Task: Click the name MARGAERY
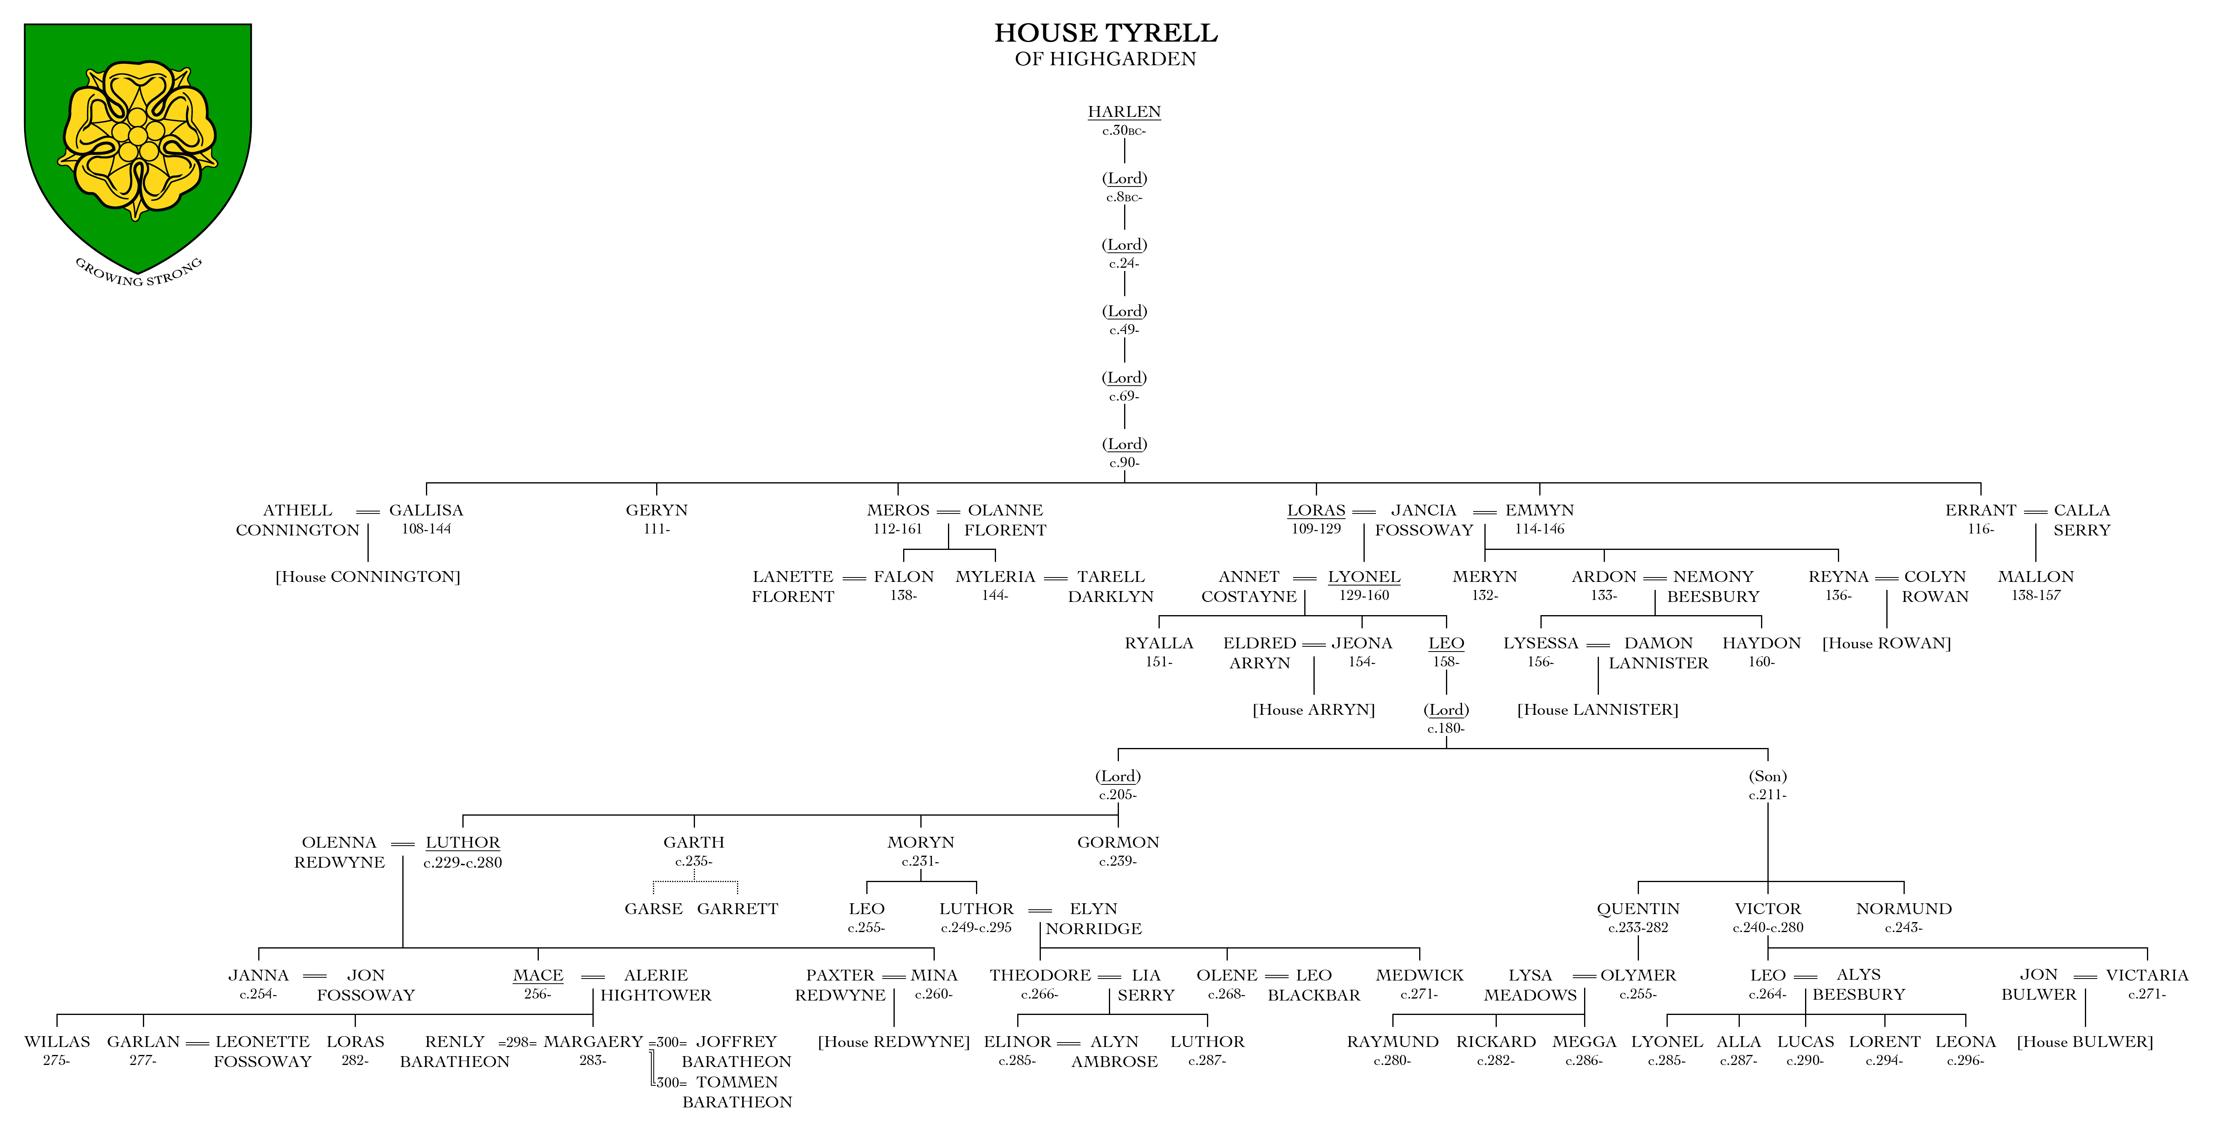pyautogui.click(x=593, y=1042)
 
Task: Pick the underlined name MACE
pyautogui.click(x=538, y=976)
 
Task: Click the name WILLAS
pyautogui.click(x=57, y=1042)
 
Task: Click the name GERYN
pyautogui.click(x=657, y=510)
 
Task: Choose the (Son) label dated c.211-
pyautogui.click(x=1767, y=776)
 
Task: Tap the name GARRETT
pyautogui.click(x=737, y=908)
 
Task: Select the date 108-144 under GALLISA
pyautogui.click(x=426, y=529)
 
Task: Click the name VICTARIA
pyautogui.click(x=2147, y=976)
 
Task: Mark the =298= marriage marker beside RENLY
pyautogui.click(x=517, y=1043)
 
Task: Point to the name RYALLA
pyautogui.click(x=1159, y=643)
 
